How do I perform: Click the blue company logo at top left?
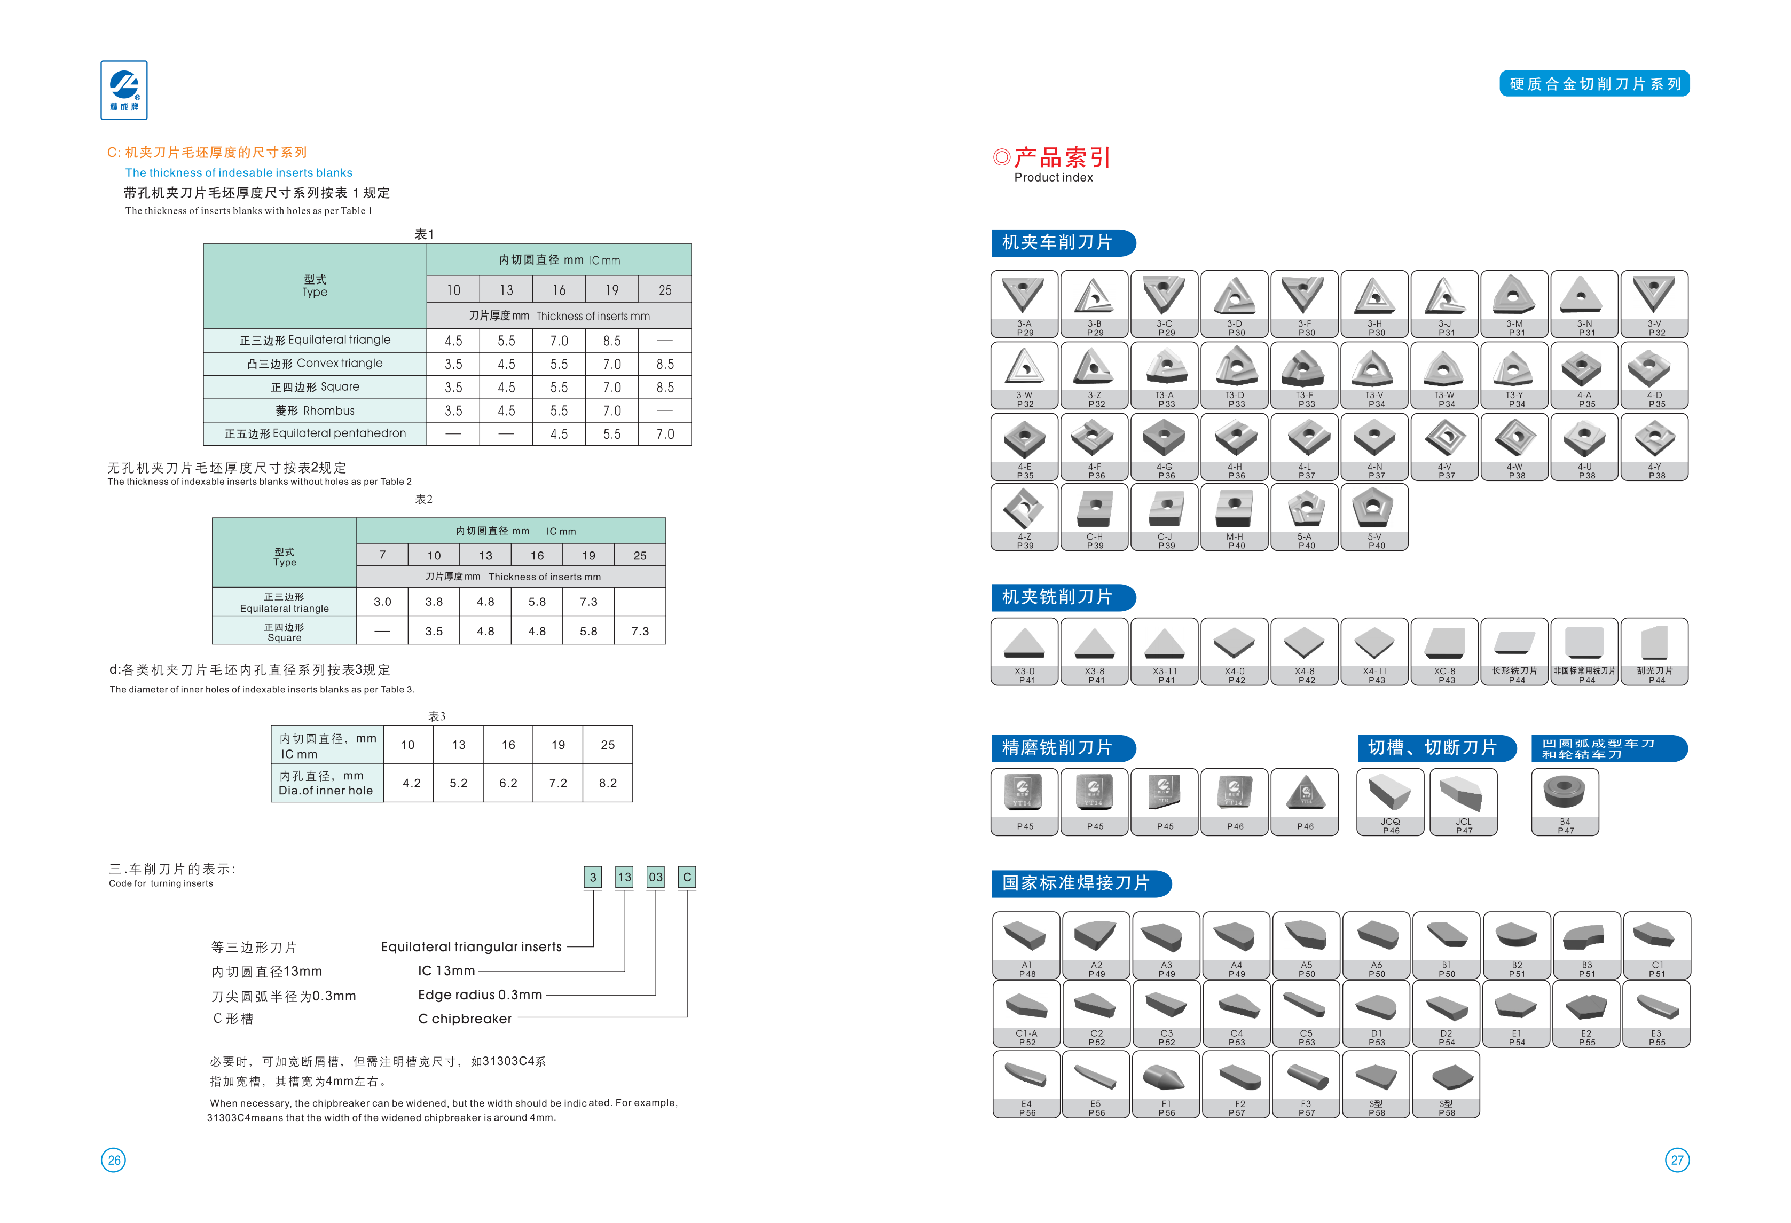(x=123, y=90)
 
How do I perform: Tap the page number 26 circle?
(x=113, y=1160)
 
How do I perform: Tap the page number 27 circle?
(x=1677, y=1160)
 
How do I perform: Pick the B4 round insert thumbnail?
(x=1565, y=801)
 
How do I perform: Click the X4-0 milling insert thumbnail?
(x=1234, y=651)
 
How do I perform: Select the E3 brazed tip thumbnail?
(x=1656, y=1013)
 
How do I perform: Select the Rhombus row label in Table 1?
(x=315, y=411)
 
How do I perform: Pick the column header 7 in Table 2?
(x=382, y=555)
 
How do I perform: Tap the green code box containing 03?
(x=655, y=877)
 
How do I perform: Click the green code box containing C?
(x=687, y=877)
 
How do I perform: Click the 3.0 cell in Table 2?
(x=382, y=602)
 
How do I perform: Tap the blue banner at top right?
(x=1594, y=83)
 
